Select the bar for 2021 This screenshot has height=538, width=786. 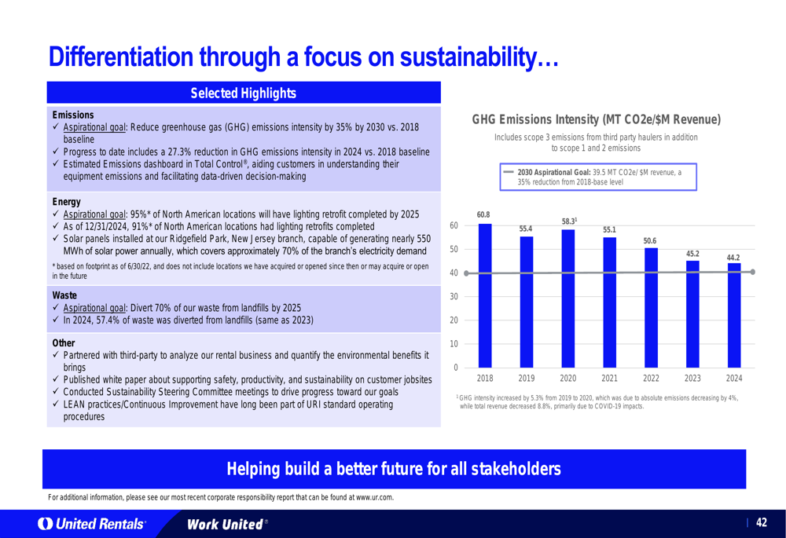pos(609,302)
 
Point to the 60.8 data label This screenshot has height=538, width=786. pos(483,215)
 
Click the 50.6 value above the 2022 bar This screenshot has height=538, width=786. pos(649,240)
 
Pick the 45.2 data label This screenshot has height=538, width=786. pos(692,253)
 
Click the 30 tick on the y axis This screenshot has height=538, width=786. pos(454,297)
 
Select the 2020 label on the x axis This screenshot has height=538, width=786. pos(567,378)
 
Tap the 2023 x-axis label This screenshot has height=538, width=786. pos(692,378)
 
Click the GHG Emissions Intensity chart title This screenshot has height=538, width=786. pos(596,120)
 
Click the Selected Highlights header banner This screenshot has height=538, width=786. pos(244,93)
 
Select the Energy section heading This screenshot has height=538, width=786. pos(66,202)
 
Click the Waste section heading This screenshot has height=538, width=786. pos(64,295)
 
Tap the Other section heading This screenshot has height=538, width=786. pos(64,343)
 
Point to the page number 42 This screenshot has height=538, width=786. pos(761,523)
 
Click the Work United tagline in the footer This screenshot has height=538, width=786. pos(224,524)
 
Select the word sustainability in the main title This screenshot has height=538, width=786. pos(466,57)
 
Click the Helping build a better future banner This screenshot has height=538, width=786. pos(394,470)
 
